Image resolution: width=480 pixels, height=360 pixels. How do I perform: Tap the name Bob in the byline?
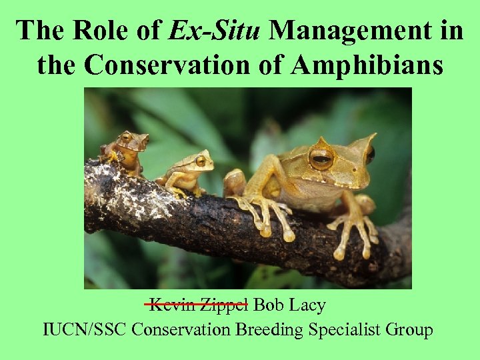click(x=269, y=305)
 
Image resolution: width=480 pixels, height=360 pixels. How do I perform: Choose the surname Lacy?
click(x=307, y=305)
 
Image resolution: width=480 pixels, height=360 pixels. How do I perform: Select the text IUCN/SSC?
click(x=83, y=329)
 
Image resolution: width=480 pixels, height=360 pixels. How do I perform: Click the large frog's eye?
click(x=321, y=157)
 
